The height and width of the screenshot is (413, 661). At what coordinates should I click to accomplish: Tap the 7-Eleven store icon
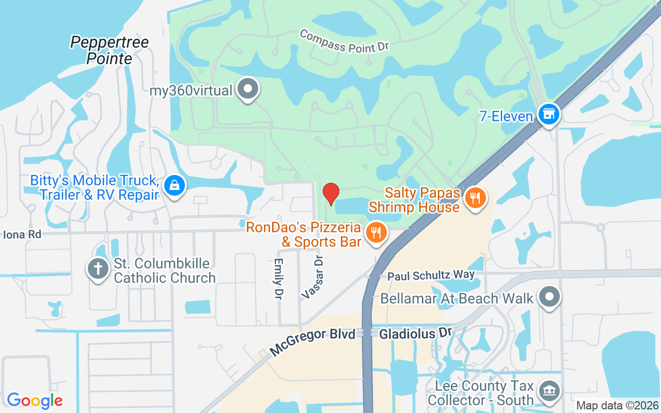pyautogui.click(x=548, y=114)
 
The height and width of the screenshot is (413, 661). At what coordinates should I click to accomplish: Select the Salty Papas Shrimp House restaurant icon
pyautogui.click(x=474, y=198)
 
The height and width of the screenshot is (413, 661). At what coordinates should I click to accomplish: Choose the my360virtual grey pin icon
pyautogui.click(x=248, y=89)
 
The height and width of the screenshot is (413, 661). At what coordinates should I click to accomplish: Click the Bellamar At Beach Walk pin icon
pyautogui.click(x=549, y=297)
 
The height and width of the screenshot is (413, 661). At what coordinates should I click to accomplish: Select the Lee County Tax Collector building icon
pyautogui.click(x=548, y=391)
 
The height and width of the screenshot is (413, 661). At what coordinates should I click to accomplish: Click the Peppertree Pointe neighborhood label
pyautogui.click(x=109, y=50)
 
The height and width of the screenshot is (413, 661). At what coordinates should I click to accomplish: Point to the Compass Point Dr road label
pyautogui.click(x=343, y=41)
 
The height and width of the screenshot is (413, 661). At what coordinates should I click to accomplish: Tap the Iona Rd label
pyautogui.click(x=22, y=234)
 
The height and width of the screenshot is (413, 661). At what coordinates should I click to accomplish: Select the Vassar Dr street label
pyautogui.click(x=312, y=277)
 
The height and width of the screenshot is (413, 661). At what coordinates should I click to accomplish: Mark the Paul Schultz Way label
pyautogui.click(x=431, y=275)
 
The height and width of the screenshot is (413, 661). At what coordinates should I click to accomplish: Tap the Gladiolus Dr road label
pyautogui.click(x=416, y=333)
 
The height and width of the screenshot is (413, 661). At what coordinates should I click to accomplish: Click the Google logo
pyautogui.click(x=35, y=400)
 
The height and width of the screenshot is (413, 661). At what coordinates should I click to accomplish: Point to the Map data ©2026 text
pyautogui.click(x=617, y=405)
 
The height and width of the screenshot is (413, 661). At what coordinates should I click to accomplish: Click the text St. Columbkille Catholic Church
pyautogui.click(x=165, y=271)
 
